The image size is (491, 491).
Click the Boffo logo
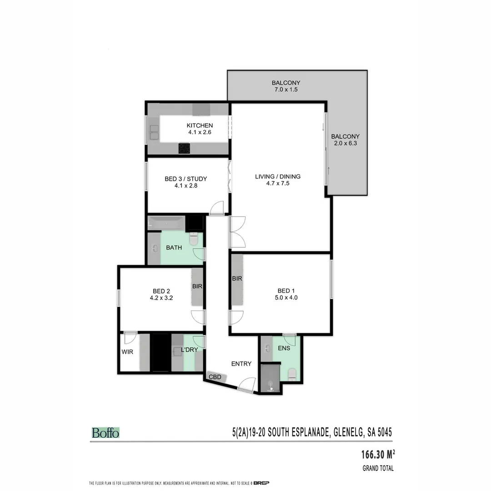[105, 433]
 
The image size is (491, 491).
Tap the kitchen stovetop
[184, 148]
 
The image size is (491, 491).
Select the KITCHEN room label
[200, 125]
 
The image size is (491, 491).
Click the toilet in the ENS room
[292, 375]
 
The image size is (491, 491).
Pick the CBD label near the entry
[215, 377]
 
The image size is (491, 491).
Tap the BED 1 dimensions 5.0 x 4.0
[287, 298]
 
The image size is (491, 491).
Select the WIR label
[127, 352]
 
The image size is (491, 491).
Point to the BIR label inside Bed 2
[197, 286]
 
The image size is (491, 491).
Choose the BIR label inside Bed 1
[237, 279]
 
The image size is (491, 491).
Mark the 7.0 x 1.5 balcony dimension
[286, 90]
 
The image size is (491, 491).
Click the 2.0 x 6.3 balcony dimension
[345, 143]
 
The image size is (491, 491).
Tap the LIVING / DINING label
[278, 176]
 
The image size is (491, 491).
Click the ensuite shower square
[270, 377]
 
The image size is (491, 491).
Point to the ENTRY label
[241, 363]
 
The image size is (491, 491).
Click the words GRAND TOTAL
[378, 468]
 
